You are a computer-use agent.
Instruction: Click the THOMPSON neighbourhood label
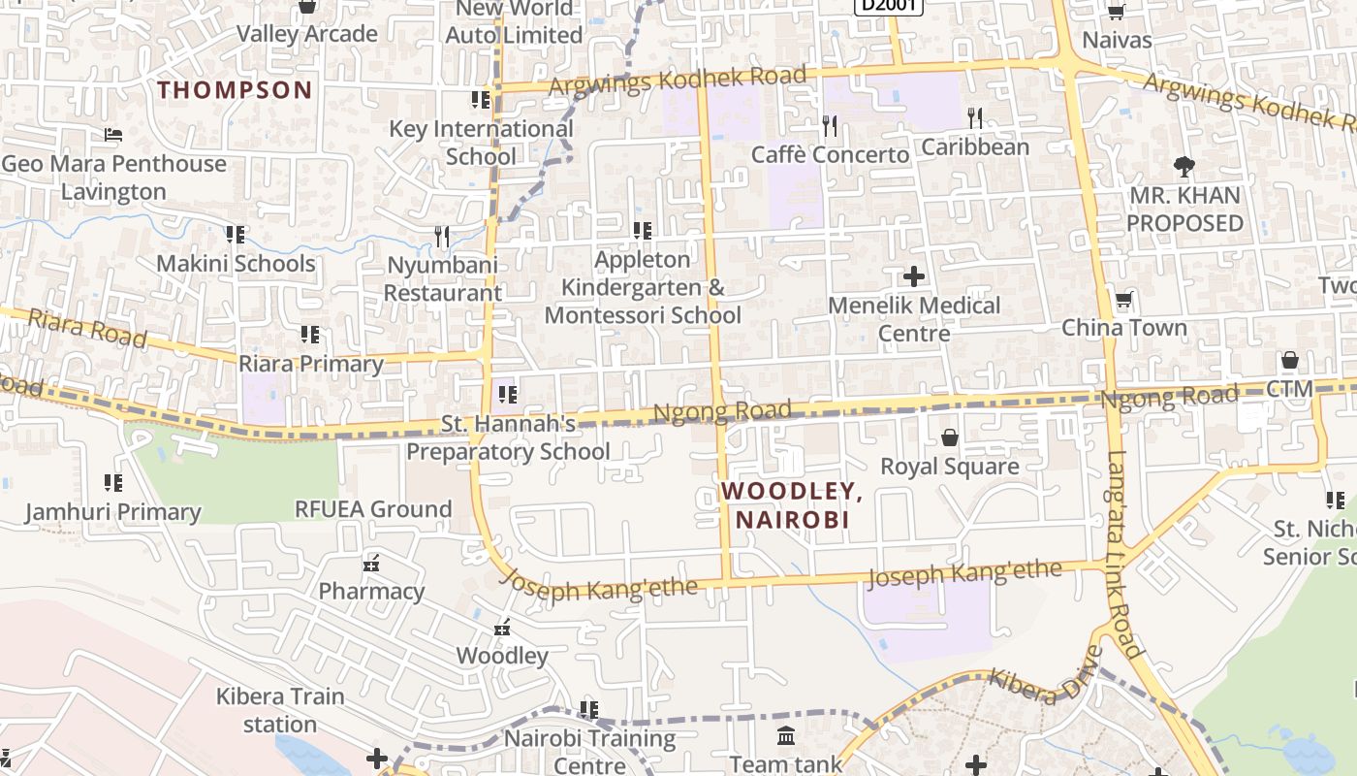[235, 90]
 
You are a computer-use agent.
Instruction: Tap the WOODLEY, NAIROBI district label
[792, 505]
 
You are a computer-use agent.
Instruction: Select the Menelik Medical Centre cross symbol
[913, 276]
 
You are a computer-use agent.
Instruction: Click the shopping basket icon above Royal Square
[950, 437]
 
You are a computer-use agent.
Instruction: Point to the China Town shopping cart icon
[1123, 299]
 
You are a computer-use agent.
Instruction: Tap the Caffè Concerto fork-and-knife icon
[830, 125]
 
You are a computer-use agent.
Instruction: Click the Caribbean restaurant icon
[975, 118]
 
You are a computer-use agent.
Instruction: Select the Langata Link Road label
[1120, 554]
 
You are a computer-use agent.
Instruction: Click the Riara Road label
[87, 329]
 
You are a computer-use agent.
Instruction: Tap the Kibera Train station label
[280, 710]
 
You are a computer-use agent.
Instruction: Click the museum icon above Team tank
[786, 736]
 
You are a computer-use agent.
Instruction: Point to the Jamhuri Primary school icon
[113, 482]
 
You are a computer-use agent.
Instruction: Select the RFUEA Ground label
[373, 509]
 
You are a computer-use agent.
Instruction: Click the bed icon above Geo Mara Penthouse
[113, 135]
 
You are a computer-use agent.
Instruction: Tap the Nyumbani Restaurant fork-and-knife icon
[442, 236]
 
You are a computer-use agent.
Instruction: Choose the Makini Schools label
[236, 264]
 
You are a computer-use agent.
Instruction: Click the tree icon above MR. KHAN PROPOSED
[1183, 166]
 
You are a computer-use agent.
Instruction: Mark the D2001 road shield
[889, 5]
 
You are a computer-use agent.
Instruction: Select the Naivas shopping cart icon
[1116, 12]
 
